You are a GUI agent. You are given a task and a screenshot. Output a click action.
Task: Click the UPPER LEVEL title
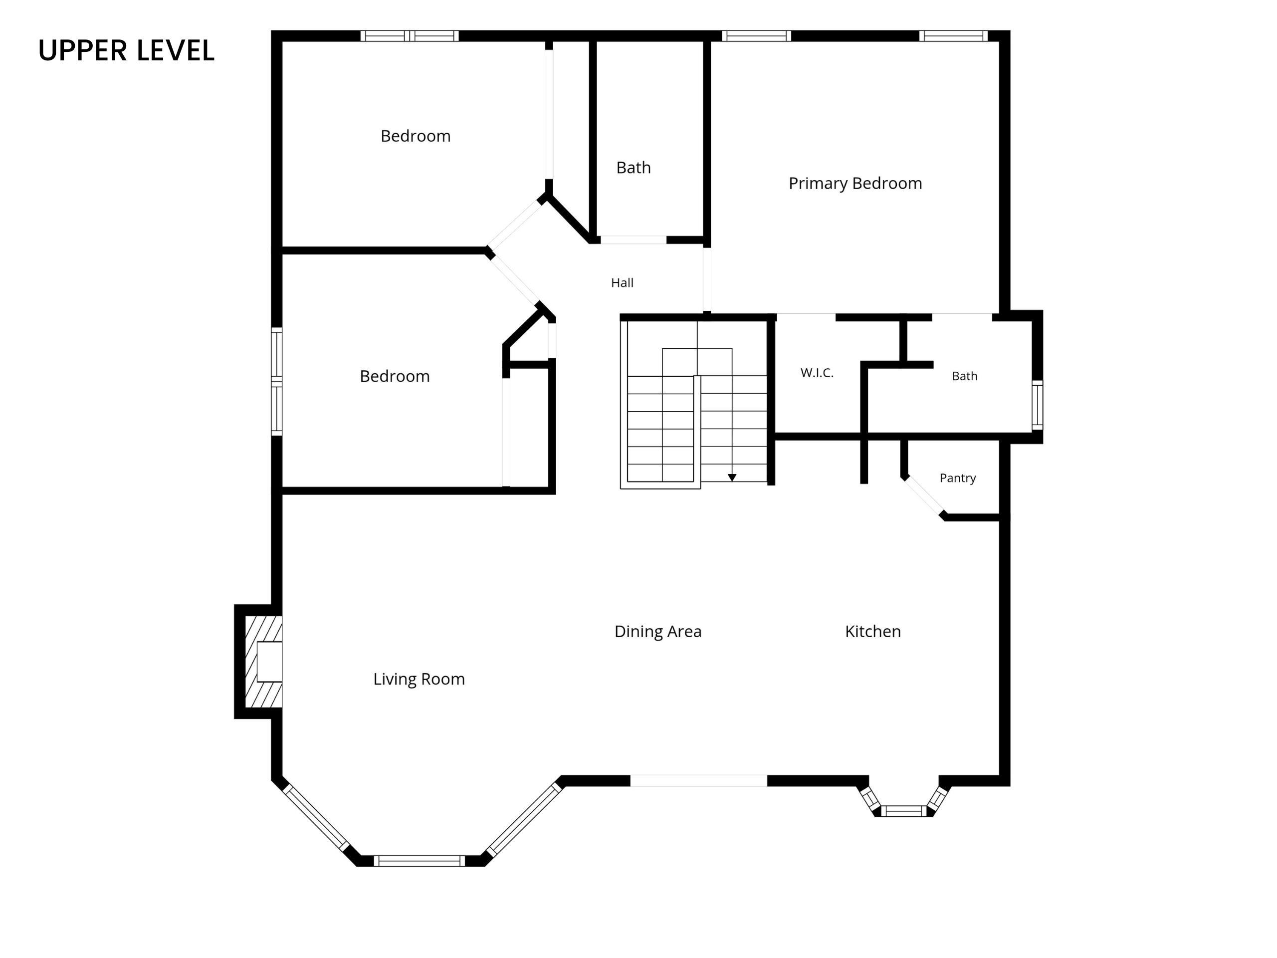pyautogui.click(x=126, y=50)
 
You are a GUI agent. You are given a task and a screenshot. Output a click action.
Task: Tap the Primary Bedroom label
pyautogui.click(x=855, y=184)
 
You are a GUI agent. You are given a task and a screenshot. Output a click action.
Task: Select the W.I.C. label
pyautogui.click(x=817, y=373)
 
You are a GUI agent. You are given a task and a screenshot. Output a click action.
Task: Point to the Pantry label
pyautogui.click(x=958, y=478)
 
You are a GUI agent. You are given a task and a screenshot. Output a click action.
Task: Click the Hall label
pyautogui.click(x=623, y=283)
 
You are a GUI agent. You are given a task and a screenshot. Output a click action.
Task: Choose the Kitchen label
pyautogui.click(x=873, y=631)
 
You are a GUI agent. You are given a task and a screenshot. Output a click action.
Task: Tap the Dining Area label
pyautogui.click(x=658, y=632)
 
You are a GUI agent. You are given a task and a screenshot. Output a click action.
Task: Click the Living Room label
pyautogui.click(x=419, y=679)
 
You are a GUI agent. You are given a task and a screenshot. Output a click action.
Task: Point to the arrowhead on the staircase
pyautogui.click(x=732, y=478)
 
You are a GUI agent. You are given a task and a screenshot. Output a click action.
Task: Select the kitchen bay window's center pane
pyautogui.click(x=904, y=811)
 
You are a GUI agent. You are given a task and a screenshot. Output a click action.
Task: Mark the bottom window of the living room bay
pyautogui.click(x=419, y=861)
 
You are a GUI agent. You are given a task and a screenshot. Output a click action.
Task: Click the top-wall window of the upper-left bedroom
pyautogui.click(x=410, y=36)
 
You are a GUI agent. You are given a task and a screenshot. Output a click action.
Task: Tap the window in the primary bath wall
pyautogui.click(x=1038, y=405)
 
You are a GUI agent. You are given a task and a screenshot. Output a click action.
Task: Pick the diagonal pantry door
pyautogui.click(x=924, y=495)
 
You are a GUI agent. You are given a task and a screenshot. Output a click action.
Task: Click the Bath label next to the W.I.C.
pyautogui.click(x=965, y=377)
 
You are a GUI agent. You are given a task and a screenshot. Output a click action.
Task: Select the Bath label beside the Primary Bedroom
pyautogui.click(x=634, y=168)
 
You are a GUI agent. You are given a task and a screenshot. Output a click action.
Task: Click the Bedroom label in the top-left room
pyautogui.click(x=416, y=136)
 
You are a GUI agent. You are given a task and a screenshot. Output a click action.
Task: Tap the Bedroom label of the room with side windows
pyautogui.click(x=395, y=377)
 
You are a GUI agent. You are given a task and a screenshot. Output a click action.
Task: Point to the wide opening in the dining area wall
pyautogui.click(x=698, y=781)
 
